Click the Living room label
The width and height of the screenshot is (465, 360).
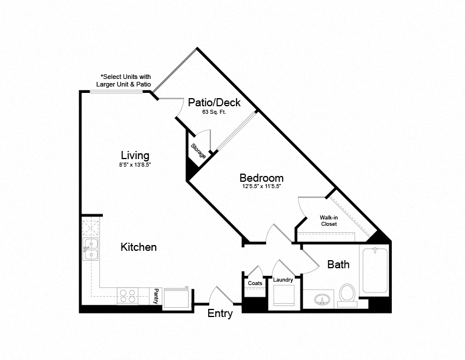pyautogui.click(x=135, y=156)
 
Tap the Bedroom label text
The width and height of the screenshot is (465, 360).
pyautogui.click(x=262, y=178)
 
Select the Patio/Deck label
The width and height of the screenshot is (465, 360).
pyautogui.click(x=214, y=102)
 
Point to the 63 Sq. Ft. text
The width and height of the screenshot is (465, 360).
pyautogui.click(x=214, y=112)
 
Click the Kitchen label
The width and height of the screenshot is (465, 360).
pyautogui.click(x=138, y=247)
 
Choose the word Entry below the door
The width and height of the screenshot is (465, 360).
pyautogui.click(x=220, y=314)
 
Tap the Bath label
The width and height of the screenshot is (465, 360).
pyautogui.click(x=338, y=265)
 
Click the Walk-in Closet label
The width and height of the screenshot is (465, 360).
pyautogui.click(x=328, y=221)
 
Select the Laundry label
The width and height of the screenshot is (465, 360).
pyautogui.click(x=283, y=280)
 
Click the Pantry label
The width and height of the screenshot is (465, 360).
pyautogui.click(x=156, y=296)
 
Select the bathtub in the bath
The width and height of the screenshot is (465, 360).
pyautogui.click(x=374, y=271)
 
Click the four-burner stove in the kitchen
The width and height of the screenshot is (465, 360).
pyautogui.click(x=127, y=296)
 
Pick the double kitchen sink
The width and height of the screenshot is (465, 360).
pyautogui.click(x=90, y=249)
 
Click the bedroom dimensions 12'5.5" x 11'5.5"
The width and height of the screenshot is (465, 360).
pyautogui.click(x=262, y=187)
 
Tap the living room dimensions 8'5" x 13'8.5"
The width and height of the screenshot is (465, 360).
pyautogui.click(x=135, y=165)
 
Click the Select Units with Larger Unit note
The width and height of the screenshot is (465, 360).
pyautogui.click(x=126, y=81)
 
